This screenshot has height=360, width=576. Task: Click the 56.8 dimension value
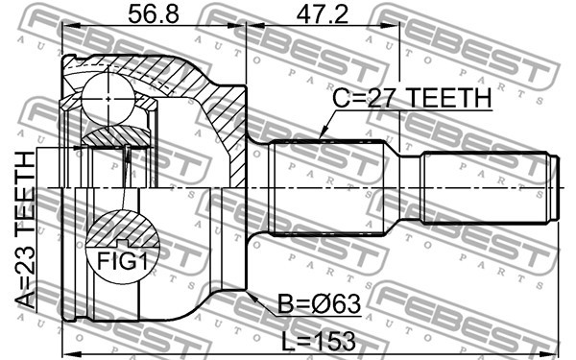pos(154,13)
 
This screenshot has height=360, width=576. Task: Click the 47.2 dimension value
pos(323,13)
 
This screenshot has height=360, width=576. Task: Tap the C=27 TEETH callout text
pos(412,98)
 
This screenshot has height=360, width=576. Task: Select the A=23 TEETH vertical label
pos(26,230)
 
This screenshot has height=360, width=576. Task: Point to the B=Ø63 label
pos(319,304)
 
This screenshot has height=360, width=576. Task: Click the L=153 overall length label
pos(319,341)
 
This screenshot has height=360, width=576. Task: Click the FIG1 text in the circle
pos(122,261)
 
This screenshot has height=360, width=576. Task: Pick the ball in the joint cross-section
pos(108,99)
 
